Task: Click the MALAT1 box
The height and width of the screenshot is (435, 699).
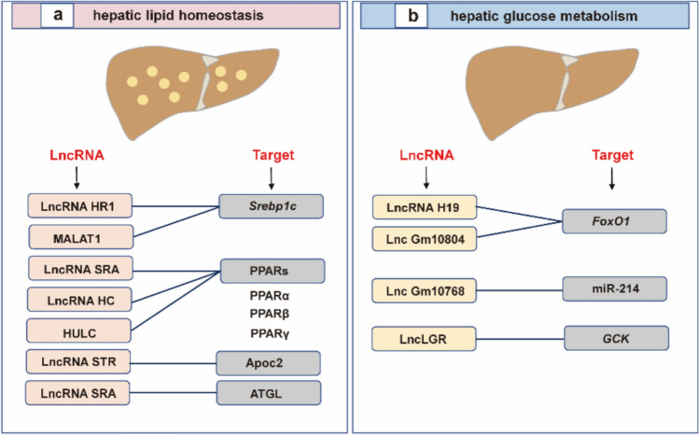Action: [80, 237]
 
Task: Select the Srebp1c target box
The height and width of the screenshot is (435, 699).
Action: [271, 206]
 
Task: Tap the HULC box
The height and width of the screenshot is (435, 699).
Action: [79, 330]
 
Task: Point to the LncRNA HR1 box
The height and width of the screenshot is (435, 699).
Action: [80, 205]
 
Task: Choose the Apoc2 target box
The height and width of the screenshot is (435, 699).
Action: [269, 363]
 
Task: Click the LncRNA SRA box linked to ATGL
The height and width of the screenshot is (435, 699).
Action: [77, 393]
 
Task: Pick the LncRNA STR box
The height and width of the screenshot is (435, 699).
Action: [78, 362]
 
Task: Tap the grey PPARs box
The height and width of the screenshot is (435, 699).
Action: [273, 271]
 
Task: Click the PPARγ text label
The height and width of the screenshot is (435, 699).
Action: [270, 333]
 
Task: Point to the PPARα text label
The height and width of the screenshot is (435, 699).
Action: [270, 296]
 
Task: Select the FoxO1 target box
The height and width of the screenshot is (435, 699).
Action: [614, 221]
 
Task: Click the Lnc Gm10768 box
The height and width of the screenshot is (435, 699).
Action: [425, 290]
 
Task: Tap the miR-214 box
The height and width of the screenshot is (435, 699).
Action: [615, 288]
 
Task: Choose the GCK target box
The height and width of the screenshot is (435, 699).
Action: [617, 338]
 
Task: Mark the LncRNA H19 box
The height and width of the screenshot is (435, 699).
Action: [425, 207]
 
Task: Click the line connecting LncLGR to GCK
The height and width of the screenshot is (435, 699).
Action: [520, 339]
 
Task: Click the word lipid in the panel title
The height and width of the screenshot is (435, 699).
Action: [157, 16]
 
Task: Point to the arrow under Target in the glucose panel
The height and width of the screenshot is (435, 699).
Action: [612, 179]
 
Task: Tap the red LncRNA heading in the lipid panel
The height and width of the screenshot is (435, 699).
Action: [77, 155]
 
